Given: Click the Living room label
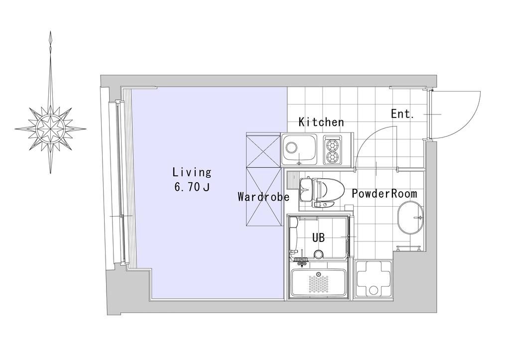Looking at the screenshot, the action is [192, 172].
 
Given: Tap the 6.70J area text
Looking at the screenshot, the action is [192, 187].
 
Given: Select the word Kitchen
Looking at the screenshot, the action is [321, 122].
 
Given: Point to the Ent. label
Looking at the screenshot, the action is [402, 114].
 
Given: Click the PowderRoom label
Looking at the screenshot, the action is [384, 194].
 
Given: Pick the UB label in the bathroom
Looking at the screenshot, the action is [318, 238].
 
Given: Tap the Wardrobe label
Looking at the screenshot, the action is [263, 197].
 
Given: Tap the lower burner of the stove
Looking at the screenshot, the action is [333, 157].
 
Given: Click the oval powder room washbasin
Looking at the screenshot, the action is [410, 218].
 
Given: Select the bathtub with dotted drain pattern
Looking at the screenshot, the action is [319, 282].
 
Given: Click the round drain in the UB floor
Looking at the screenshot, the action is [318, 254].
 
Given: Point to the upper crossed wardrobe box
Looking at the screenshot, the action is [263, 149].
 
